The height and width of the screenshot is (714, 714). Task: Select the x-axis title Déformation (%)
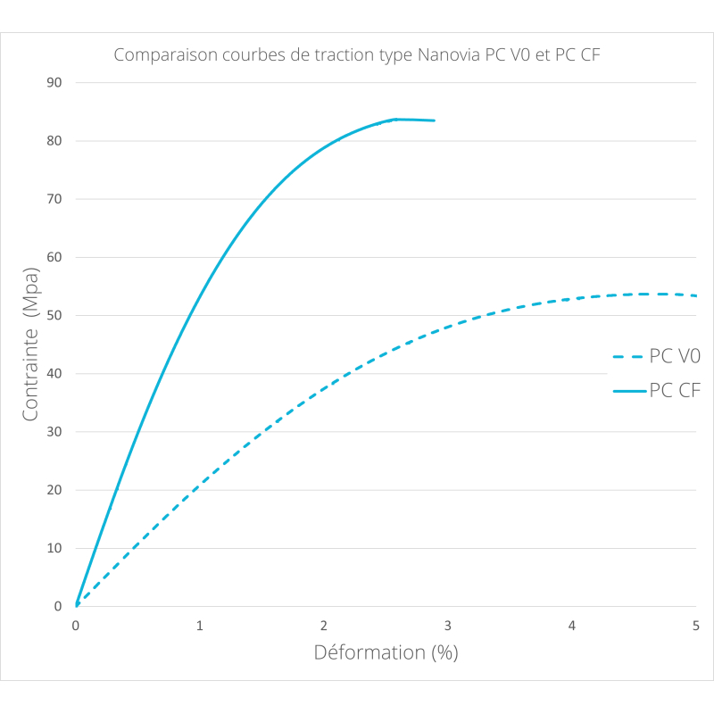(x=386, y=652)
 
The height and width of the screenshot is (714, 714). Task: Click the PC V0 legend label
(x=675, y=356)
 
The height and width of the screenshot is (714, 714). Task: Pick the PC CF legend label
(x=675, y=390)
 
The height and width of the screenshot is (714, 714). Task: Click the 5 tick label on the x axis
(x=695, y=627)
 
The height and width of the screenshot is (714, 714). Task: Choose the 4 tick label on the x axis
(x=571, y=627)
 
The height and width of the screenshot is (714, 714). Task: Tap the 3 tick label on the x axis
(x=447, y=627)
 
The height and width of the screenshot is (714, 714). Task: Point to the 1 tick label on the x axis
(x=200, y=627)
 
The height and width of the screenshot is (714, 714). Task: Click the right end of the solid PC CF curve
(x=434, y=120)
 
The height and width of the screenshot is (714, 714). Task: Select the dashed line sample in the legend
(x=628, y=357)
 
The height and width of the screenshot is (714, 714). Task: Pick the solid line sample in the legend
(x=628, y=391)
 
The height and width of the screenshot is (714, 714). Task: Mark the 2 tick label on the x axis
(x=324, y=627)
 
